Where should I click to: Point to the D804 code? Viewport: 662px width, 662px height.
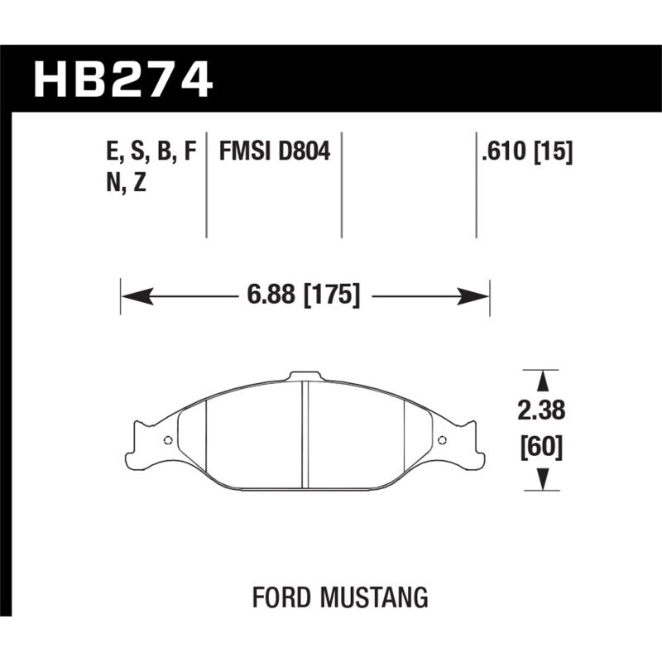point(305,152)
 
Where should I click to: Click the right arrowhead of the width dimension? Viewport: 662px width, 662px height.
point(479,295)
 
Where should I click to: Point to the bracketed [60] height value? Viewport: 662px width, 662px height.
point(542,448)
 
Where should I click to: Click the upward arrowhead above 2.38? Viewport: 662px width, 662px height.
point(542,381)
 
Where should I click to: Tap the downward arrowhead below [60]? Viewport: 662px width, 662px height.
point(542,479)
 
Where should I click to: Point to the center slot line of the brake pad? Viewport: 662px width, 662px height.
point(305,434)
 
